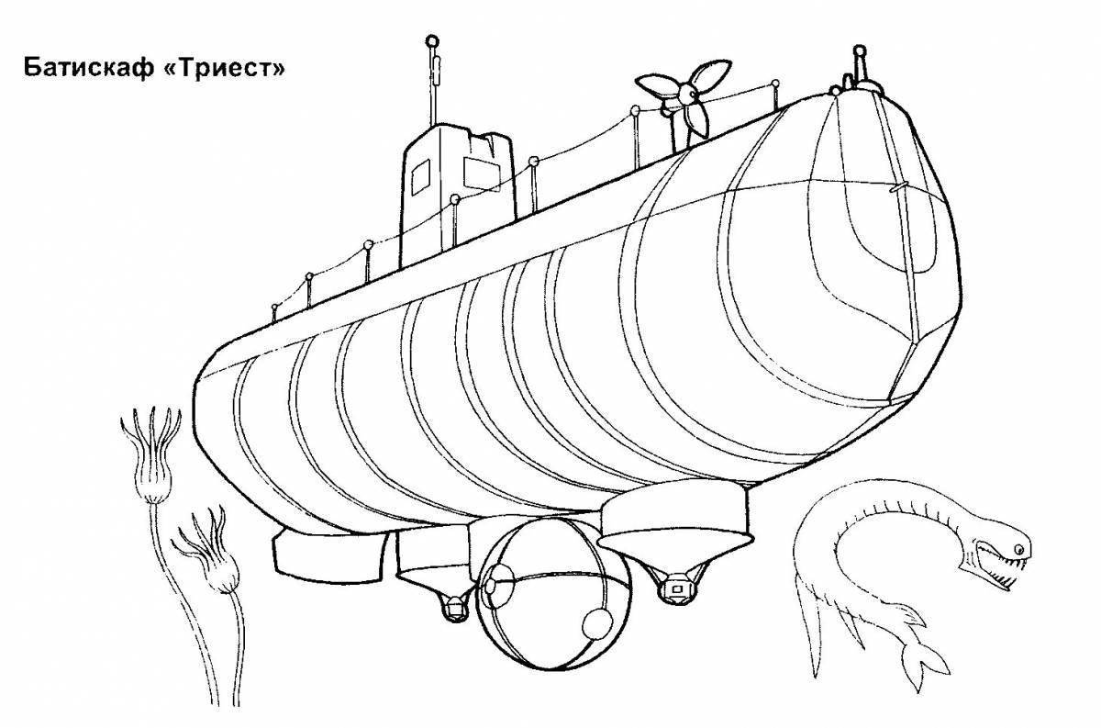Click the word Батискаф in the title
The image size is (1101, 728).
click(x=88, y=68)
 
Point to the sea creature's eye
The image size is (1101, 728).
click(x=1019, y=548)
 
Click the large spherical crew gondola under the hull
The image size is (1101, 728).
click(x=553, y=594)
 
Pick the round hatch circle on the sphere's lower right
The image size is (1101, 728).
click(x=597, y=623)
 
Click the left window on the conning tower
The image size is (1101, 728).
click(x=420, y=177)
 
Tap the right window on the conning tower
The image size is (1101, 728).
click(x=483, y=174)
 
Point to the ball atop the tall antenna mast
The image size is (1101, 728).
click(x=431, y=40)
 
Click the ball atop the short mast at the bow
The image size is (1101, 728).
click(x=859, y=50)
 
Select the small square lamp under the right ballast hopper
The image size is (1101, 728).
click(x=677, y=588)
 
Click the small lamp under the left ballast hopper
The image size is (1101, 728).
click(x=455, y=608)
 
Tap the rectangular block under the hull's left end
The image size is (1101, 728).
click(x=329, y=555)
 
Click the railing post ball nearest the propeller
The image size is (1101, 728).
click(x=635, y=110)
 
